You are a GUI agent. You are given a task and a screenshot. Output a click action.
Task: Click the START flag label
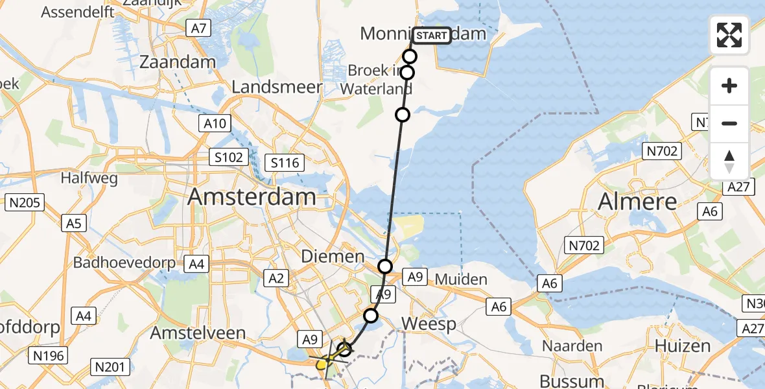point(430,36)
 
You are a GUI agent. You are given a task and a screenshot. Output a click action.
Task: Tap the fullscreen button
point(729,35)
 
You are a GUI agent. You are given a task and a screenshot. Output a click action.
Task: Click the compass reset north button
point(729,161)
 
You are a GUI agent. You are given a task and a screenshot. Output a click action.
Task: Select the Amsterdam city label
point(252,197)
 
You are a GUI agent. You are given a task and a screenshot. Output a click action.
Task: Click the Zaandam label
point(178,63)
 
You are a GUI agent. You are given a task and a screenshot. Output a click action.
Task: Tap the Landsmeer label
point(277,87)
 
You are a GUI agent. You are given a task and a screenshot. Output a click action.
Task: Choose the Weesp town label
point(429,324)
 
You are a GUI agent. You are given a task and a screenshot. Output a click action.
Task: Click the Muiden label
point(462,279)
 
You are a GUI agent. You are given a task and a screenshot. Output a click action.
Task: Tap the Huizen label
point(683,346)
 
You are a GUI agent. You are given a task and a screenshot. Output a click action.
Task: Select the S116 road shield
point(285,162)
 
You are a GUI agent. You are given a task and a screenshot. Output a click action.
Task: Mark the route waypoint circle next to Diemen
point(385,266)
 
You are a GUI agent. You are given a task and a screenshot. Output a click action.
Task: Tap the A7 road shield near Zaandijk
point(198,27)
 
